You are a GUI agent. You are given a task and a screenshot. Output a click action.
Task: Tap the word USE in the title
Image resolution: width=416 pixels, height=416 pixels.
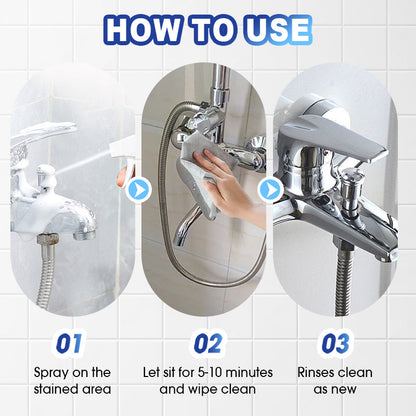click(x=279, y=29)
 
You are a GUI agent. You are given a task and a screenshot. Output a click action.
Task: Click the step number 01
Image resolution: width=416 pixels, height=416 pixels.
click(x=69, y=343)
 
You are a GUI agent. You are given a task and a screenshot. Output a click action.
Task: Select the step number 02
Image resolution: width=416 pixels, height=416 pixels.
click(x=208, y=343)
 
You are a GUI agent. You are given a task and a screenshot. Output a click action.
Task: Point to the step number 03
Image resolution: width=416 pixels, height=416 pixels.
click(x=335, y=343)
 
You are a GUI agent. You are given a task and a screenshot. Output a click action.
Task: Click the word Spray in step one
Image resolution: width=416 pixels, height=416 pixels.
click(x=51, y=373)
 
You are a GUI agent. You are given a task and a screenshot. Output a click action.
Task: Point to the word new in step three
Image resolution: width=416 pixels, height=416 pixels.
click(x=344, y=389)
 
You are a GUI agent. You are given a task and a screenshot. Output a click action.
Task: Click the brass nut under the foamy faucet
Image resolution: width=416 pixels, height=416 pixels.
click(x=47, y=239)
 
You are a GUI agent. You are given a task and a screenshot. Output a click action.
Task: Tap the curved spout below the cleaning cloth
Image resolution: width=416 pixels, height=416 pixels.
click(x=188, y=227)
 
